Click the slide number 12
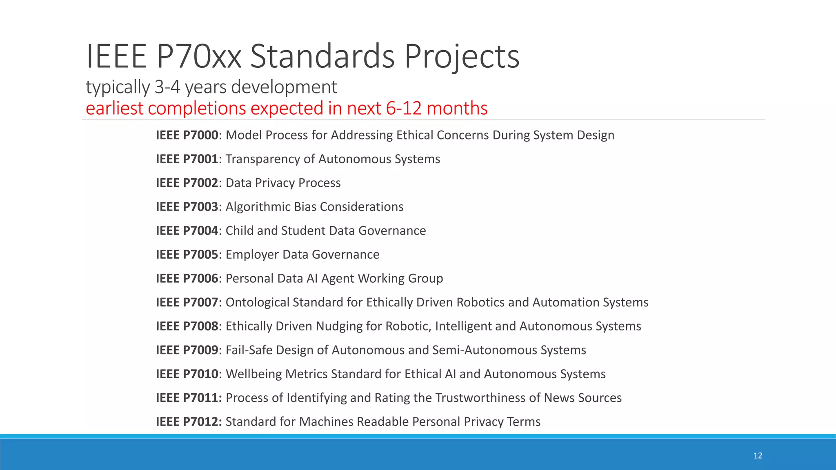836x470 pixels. (x=758, y=456)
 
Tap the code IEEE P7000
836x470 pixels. (x=187, y=135)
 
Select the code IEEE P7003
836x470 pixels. (x=187, y=207)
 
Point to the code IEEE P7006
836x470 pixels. (x=187, y=279)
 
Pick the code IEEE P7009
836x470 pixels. (x=187, y=350)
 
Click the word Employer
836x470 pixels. (x=252, y=255)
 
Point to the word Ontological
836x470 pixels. (x=257, y=302)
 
